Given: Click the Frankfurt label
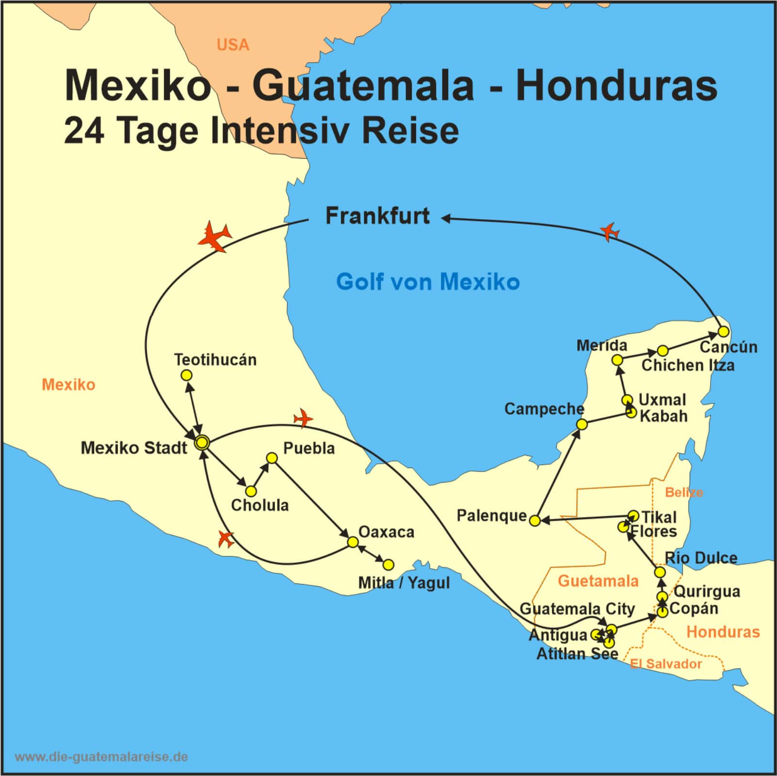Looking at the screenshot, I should coord(377,216).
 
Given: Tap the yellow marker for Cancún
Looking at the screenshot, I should coord(723,331).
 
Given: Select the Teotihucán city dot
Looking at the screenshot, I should coord(186,375).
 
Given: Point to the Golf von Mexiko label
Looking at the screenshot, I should coord(428,282).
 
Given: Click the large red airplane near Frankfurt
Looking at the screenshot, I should coord(214,236).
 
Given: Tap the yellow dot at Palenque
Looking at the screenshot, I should coord(534,520).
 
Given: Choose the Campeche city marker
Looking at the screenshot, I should coord(582,424).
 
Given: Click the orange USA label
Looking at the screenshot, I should coord(233,45).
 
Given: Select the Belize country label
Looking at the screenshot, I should coord(684,492).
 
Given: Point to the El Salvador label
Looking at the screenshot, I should coord(666,664).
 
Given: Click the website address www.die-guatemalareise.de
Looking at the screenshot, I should coord(101,757).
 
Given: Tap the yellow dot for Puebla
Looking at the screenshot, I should coord(272,458).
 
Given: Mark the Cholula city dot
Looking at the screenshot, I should coord(251,491).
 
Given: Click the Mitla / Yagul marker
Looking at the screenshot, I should coord(388,565).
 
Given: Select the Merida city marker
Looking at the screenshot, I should coord(617,360).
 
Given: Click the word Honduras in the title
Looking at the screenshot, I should coord(616,86).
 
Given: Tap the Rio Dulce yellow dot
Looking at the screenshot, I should coord(660,572).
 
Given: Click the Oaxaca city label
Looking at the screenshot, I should coord(386,532).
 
